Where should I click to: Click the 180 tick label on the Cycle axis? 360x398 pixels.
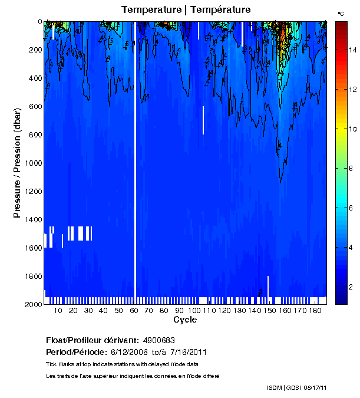tap(315, 310)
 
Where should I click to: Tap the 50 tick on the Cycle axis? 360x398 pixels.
tap(118, 310)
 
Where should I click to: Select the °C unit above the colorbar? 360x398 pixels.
tap(341, 13)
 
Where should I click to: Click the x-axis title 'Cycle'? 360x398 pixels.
tap(185, 320)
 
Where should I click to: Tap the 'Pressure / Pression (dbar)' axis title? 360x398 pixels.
tap(17, 163)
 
